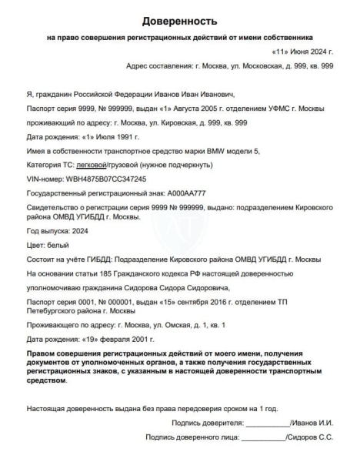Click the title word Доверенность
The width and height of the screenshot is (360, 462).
179,20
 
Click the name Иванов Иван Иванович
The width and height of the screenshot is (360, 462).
182,93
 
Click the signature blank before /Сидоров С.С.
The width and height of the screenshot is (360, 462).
262,437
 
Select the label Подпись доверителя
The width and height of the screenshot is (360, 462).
208,423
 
